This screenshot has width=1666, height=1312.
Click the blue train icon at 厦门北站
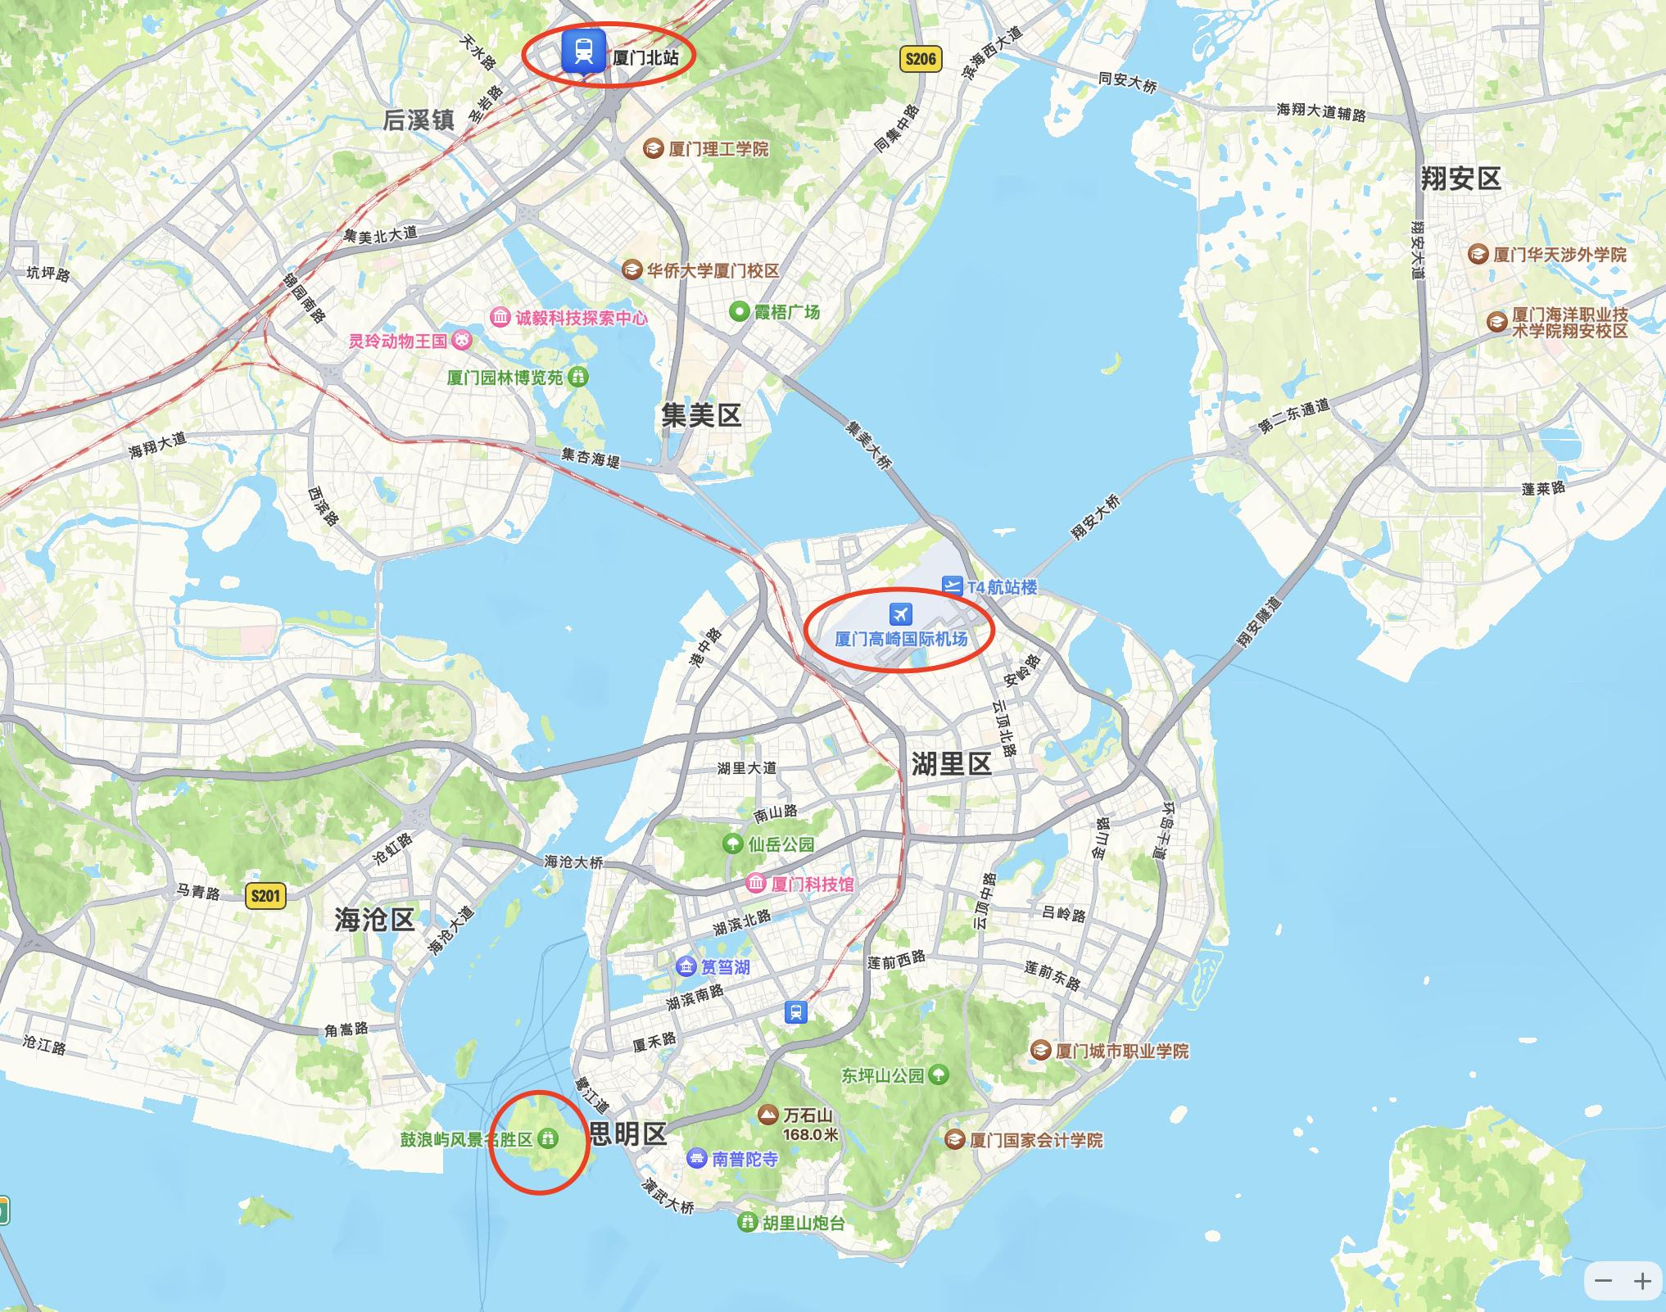coord(583,51)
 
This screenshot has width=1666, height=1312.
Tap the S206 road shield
coord(920,59)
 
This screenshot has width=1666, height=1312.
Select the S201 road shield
coord(265,896)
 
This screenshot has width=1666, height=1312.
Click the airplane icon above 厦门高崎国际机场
coord(900,613)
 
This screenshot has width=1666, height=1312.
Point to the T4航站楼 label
coord(1002,587)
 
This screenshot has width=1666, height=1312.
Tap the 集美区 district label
coord(701,416)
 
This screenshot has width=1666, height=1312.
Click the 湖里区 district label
coord(951,764)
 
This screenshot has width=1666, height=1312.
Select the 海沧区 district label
coord(374,920)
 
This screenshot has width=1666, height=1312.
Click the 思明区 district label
coord(628,1133)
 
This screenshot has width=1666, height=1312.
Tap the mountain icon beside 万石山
coord(767,1115)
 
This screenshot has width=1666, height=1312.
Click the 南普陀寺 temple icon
coord(697,1158)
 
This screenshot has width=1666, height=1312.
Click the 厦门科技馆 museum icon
coord(755,884)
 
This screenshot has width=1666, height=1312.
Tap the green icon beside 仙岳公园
coord(731,844)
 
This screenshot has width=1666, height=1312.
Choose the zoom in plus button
coord(1641,1282)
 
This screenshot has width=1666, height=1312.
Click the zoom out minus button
coord(1603,1282)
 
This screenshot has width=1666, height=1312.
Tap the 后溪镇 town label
coord(419,120)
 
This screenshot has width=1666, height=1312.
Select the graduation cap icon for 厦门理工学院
coord(653,149)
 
